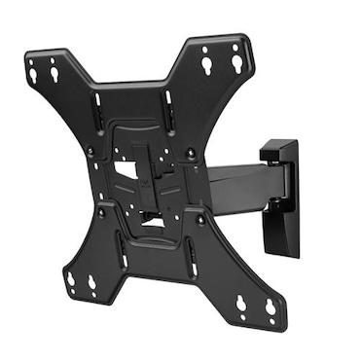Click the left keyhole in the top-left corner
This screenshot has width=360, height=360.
[33, 72]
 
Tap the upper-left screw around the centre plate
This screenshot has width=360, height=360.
[90, 151]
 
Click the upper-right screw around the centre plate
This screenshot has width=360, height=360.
[192, 153]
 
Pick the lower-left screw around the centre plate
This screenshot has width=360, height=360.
[100, 211]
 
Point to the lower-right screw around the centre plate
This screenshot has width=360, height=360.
[201, 220]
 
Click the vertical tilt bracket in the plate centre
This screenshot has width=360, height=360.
[147, 175]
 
